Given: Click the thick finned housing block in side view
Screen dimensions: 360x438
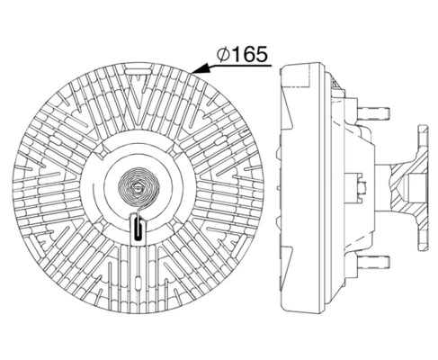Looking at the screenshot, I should click(x=301, y=189).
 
